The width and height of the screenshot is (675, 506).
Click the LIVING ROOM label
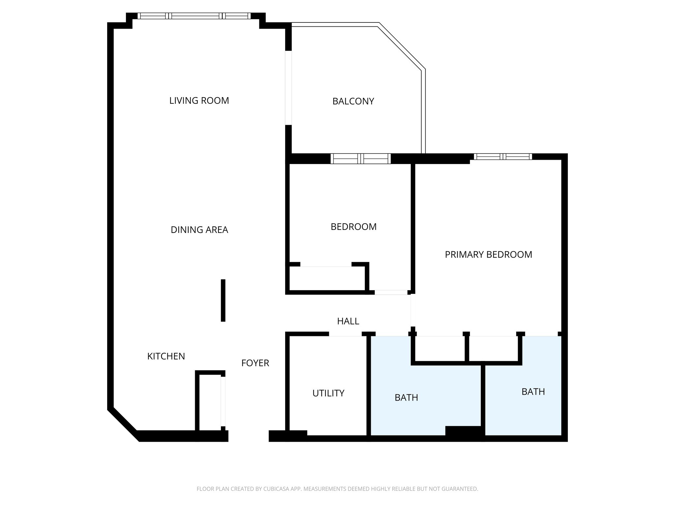pyautogui.click(x=199, y=100)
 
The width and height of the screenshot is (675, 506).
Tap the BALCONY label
pyautogui.click(x=353, y=101)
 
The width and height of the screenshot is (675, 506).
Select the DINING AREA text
pyautogui.click(x=199, y=230)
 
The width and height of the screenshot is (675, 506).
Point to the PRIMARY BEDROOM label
pyautogui.click(x=488, y=254)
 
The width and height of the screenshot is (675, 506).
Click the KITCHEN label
pyautogui.click(x=166, y=356)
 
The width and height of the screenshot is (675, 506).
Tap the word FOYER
pyautogui.click(x=255, y=363)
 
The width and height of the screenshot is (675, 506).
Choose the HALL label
pyautogui.click(x=348, y=321)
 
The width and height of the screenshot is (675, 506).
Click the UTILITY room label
pyautogui.click(x=328, y=393)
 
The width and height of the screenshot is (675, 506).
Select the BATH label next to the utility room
pyautogui.click(x=406, y=398)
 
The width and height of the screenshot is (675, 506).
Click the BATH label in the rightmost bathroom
pyautogui.click(x=533, y=392)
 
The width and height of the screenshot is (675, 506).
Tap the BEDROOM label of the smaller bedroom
pyautogui.click(x=353, y=227)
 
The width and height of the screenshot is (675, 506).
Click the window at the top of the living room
pyautogui.click(x=194, y=16)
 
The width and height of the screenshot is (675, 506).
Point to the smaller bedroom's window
pyautogui.click(x=360, y=158)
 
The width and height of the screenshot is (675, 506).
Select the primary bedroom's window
pyautogui.click(x=503, y=156)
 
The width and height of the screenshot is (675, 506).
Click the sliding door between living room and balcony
pyautogui.click(x=288, y=88)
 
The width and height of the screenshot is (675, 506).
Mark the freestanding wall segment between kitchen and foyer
pyautogui.click(x=223, y=300)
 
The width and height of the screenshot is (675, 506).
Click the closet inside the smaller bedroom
pyautogui.click(x=327, y=279)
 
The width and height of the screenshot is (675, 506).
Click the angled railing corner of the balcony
pyautogui.click(x=401, y=46)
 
